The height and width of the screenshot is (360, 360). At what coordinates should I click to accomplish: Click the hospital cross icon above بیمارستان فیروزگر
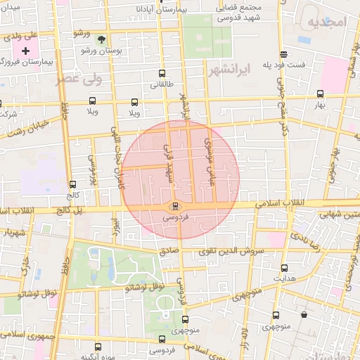coord(26,51)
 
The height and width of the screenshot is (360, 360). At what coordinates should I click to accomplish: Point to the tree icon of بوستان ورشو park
coord(101,39)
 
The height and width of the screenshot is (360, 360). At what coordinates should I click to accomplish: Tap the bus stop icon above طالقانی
coord(162,73)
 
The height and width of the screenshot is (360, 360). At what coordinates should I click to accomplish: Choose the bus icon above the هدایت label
coord(284,267)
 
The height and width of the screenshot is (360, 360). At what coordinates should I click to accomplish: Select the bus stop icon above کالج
coord(72,184)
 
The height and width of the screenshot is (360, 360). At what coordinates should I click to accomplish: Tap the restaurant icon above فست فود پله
coord(283,53)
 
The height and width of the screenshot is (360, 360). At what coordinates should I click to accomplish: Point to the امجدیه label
coord(328,22)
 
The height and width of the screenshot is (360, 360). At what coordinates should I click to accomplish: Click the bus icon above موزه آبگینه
coord(98,347)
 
